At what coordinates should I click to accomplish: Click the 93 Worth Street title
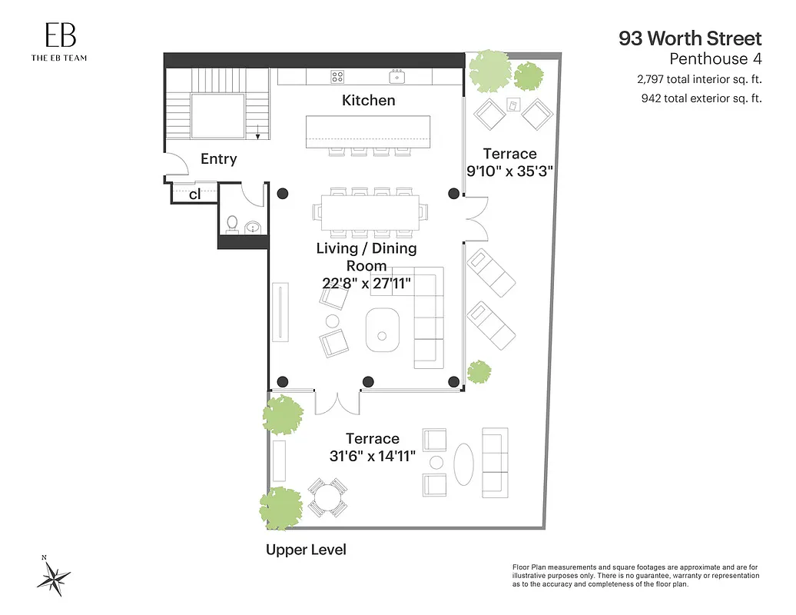click(690, 38)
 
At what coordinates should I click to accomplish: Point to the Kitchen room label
click(368, 100)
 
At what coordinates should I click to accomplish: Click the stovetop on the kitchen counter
click(337, 76)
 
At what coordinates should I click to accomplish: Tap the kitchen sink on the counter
click(397, 76)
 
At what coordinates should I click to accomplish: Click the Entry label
click(218, 159)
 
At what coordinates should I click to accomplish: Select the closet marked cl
click(194, 194)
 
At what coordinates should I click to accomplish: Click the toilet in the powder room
click(233, 224)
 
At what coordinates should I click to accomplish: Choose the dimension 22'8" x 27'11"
click(366, 283)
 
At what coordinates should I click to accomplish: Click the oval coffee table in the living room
click(382, 329)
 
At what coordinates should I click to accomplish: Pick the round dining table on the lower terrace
click(327, 497)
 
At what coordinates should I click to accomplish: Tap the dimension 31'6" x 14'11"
click(372, 456)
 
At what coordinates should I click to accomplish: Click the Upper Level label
click(306, 550)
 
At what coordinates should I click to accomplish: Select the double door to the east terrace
click(476, 218)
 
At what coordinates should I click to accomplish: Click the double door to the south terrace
click(337, 401)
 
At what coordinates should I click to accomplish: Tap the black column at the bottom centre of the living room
click(368, 381)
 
